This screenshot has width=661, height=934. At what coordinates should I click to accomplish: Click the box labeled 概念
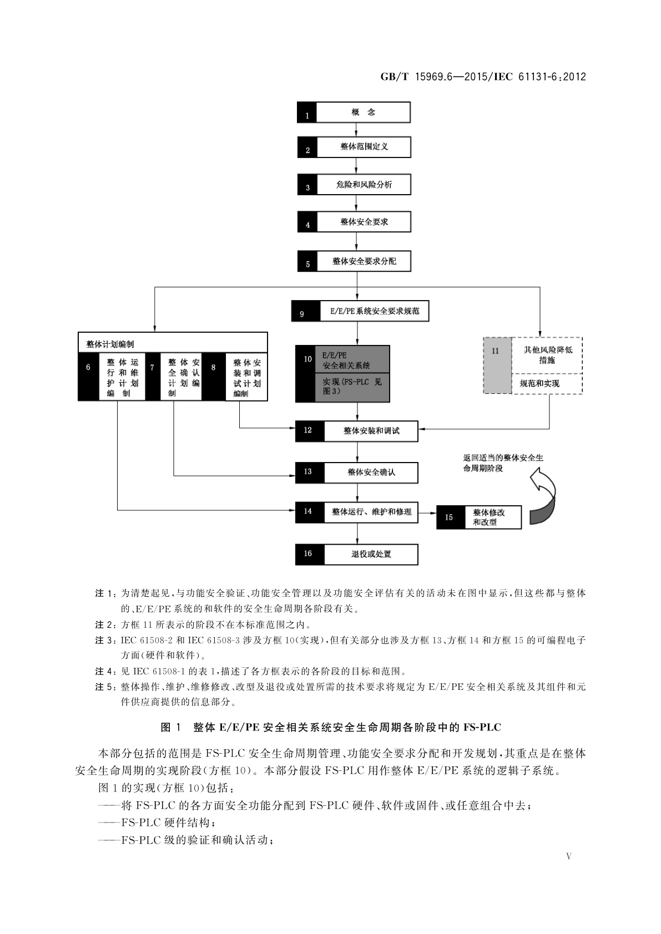(363, 112)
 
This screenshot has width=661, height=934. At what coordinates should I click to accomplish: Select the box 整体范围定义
(364, 148)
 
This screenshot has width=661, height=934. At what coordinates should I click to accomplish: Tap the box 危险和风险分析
(364, 185)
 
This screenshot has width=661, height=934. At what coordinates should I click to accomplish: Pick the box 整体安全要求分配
(364, 261)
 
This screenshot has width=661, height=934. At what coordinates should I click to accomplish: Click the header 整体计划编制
(172, 343)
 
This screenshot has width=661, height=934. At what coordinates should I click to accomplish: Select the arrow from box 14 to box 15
(427, 513)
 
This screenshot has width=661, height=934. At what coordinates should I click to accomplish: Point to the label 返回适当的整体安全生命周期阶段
(503, 463)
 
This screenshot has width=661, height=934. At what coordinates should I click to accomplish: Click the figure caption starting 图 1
(330, 727)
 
